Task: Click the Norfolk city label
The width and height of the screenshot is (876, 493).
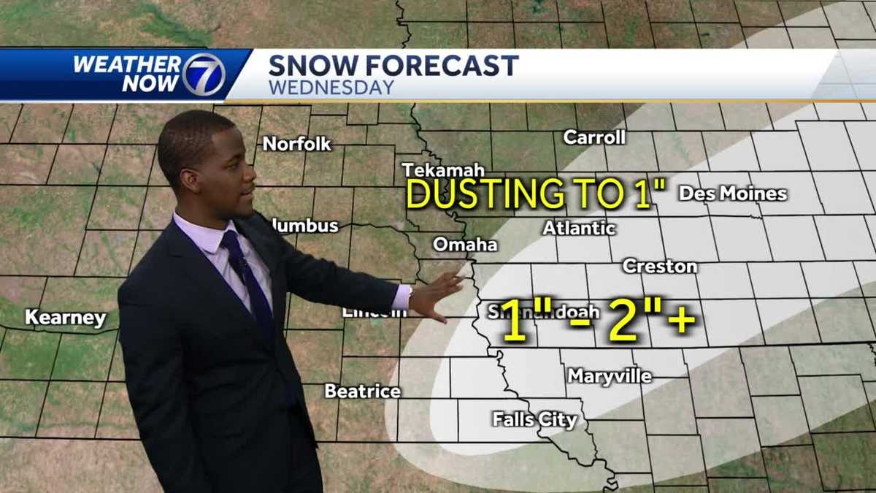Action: coord(296,144)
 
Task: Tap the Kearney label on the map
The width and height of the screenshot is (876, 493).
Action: coord(66,318)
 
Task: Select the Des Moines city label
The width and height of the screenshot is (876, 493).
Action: coord(732,194)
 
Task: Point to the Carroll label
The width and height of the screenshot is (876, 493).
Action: coord(594,137)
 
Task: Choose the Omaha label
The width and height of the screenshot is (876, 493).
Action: coord(465,245)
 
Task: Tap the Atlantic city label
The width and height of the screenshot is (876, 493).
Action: coord(579,228)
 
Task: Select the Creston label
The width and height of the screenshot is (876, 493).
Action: coord(659,267)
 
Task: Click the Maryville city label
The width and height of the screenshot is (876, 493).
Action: coord(610,376)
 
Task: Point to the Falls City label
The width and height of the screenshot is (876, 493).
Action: coord(534,420)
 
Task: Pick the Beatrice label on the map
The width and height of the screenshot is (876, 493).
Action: coord(362,391)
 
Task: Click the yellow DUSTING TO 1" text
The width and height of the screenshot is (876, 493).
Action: coord(537,194)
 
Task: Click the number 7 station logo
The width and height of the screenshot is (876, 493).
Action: coord(203,74)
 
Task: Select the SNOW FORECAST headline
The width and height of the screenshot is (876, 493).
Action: coord(393,66)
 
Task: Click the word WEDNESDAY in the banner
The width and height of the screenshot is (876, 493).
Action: coord(331,88)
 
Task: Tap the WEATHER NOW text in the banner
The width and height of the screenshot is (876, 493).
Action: coord(126,74)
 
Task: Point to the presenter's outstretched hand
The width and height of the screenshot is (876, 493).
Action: coord(437,294)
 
